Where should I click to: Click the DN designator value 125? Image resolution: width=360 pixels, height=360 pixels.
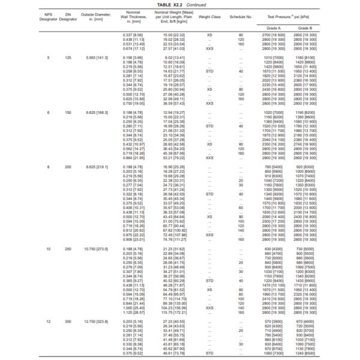pos(68,58)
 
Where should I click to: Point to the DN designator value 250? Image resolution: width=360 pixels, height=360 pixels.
pos(68,247)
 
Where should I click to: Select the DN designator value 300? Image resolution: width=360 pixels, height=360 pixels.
pos(68,322)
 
